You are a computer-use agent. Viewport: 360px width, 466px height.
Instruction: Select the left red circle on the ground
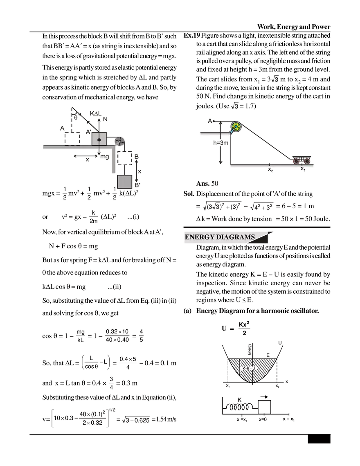295,161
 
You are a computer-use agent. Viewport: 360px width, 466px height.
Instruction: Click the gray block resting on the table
99,139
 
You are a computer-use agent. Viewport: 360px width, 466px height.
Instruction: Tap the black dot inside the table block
99,140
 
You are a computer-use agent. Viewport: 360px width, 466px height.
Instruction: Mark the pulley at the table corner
119,141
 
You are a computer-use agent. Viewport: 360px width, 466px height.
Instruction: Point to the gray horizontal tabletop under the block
74,147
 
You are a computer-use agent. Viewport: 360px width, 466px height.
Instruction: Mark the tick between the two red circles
301,167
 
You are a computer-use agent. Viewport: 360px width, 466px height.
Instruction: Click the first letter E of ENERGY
187,237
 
